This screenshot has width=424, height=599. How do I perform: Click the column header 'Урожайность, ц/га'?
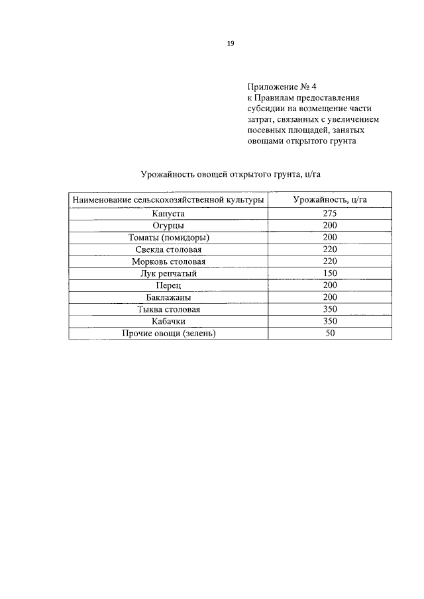tap(330, 199)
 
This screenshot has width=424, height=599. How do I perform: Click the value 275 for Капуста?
tap(330, 213)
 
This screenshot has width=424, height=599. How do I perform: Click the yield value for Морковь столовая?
tap(330, 261)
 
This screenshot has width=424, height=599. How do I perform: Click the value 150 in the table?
tap(330, 273)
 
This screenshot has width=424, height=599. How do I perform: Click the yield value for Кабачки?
tap(330, 321)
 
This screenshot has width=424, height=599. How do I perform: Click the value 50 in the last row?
tap(330, 333)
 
